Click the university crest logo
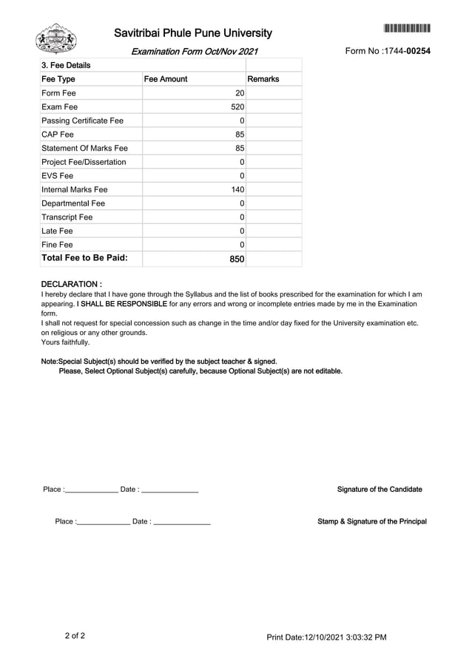(x=56, y=38)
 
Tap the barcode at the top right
(x=407, y=29)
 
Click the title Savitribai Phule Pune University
(x=193, y=33)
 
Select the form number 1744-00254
(x=388, y=51)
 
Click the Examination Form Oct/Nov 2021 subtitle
(x=195, y=52)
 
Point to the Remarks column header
(x=263, y=79)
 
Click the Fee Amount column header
(x=166, y=79)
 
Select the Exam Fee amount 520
(x=237, y=107)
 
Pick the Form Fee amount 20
(x=239, y=93)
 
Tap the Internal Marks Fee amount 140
(x=237, y=190)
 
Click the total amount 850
(x=236, y=260)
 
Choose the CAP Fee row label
(x=58, y=135)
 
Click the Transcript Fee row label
(x=67, y=217)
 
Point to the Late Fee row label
(x=57, y=231)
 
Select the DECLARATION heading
(x=71, y=284)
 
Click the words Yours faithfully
(x=65, y=342)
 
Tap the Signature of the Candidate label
(x=380, y=490)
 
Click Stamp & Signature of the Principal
(x=371, y=521)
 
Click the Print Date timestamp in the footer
(x=326, y=637)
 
